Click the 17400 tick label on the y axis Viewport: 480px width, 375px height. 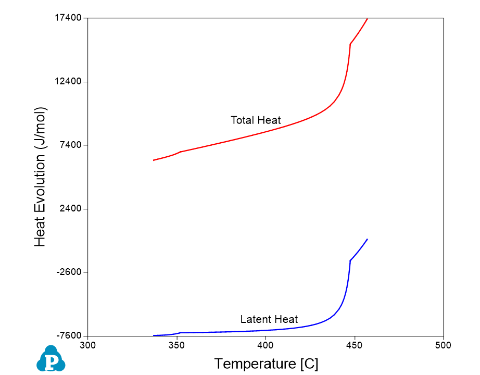pyautogui.click(x=69, y=18)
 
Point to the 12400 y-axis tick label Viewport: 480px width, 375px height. pyautogui.click(x=69, y=82)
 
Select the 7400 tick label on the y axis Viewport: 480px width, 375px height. pyautogui.click(x=71, y=145)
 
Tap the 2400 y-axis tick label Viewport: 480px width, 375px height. pyautogui.click(x=71, y=209)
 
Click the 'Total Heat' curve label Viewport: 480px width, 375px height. pyautogui.click(x=256, y=120)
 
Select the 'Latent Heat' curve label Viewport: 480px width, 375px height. pyautogui.click(x=269, y=319)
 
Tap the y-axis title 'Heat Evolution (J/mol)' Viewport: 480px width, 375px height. pyautogui.click(x=41, y=177)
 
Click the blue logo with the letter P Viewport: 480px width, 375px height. pyautogui.click(x=51, y=359)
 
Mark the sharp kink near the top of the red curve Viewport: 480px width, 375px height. pyautogui.click(x=350, y=44)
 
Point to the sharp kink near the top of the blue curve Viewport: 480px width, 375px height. pyautogui.click(x=350, y=260)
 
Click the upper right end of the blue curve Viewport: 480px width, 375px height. pyautogui.click(x=368, y=239)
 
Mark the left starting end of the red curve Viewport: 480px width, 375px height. pyautogui.click(x=154, y=160)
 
